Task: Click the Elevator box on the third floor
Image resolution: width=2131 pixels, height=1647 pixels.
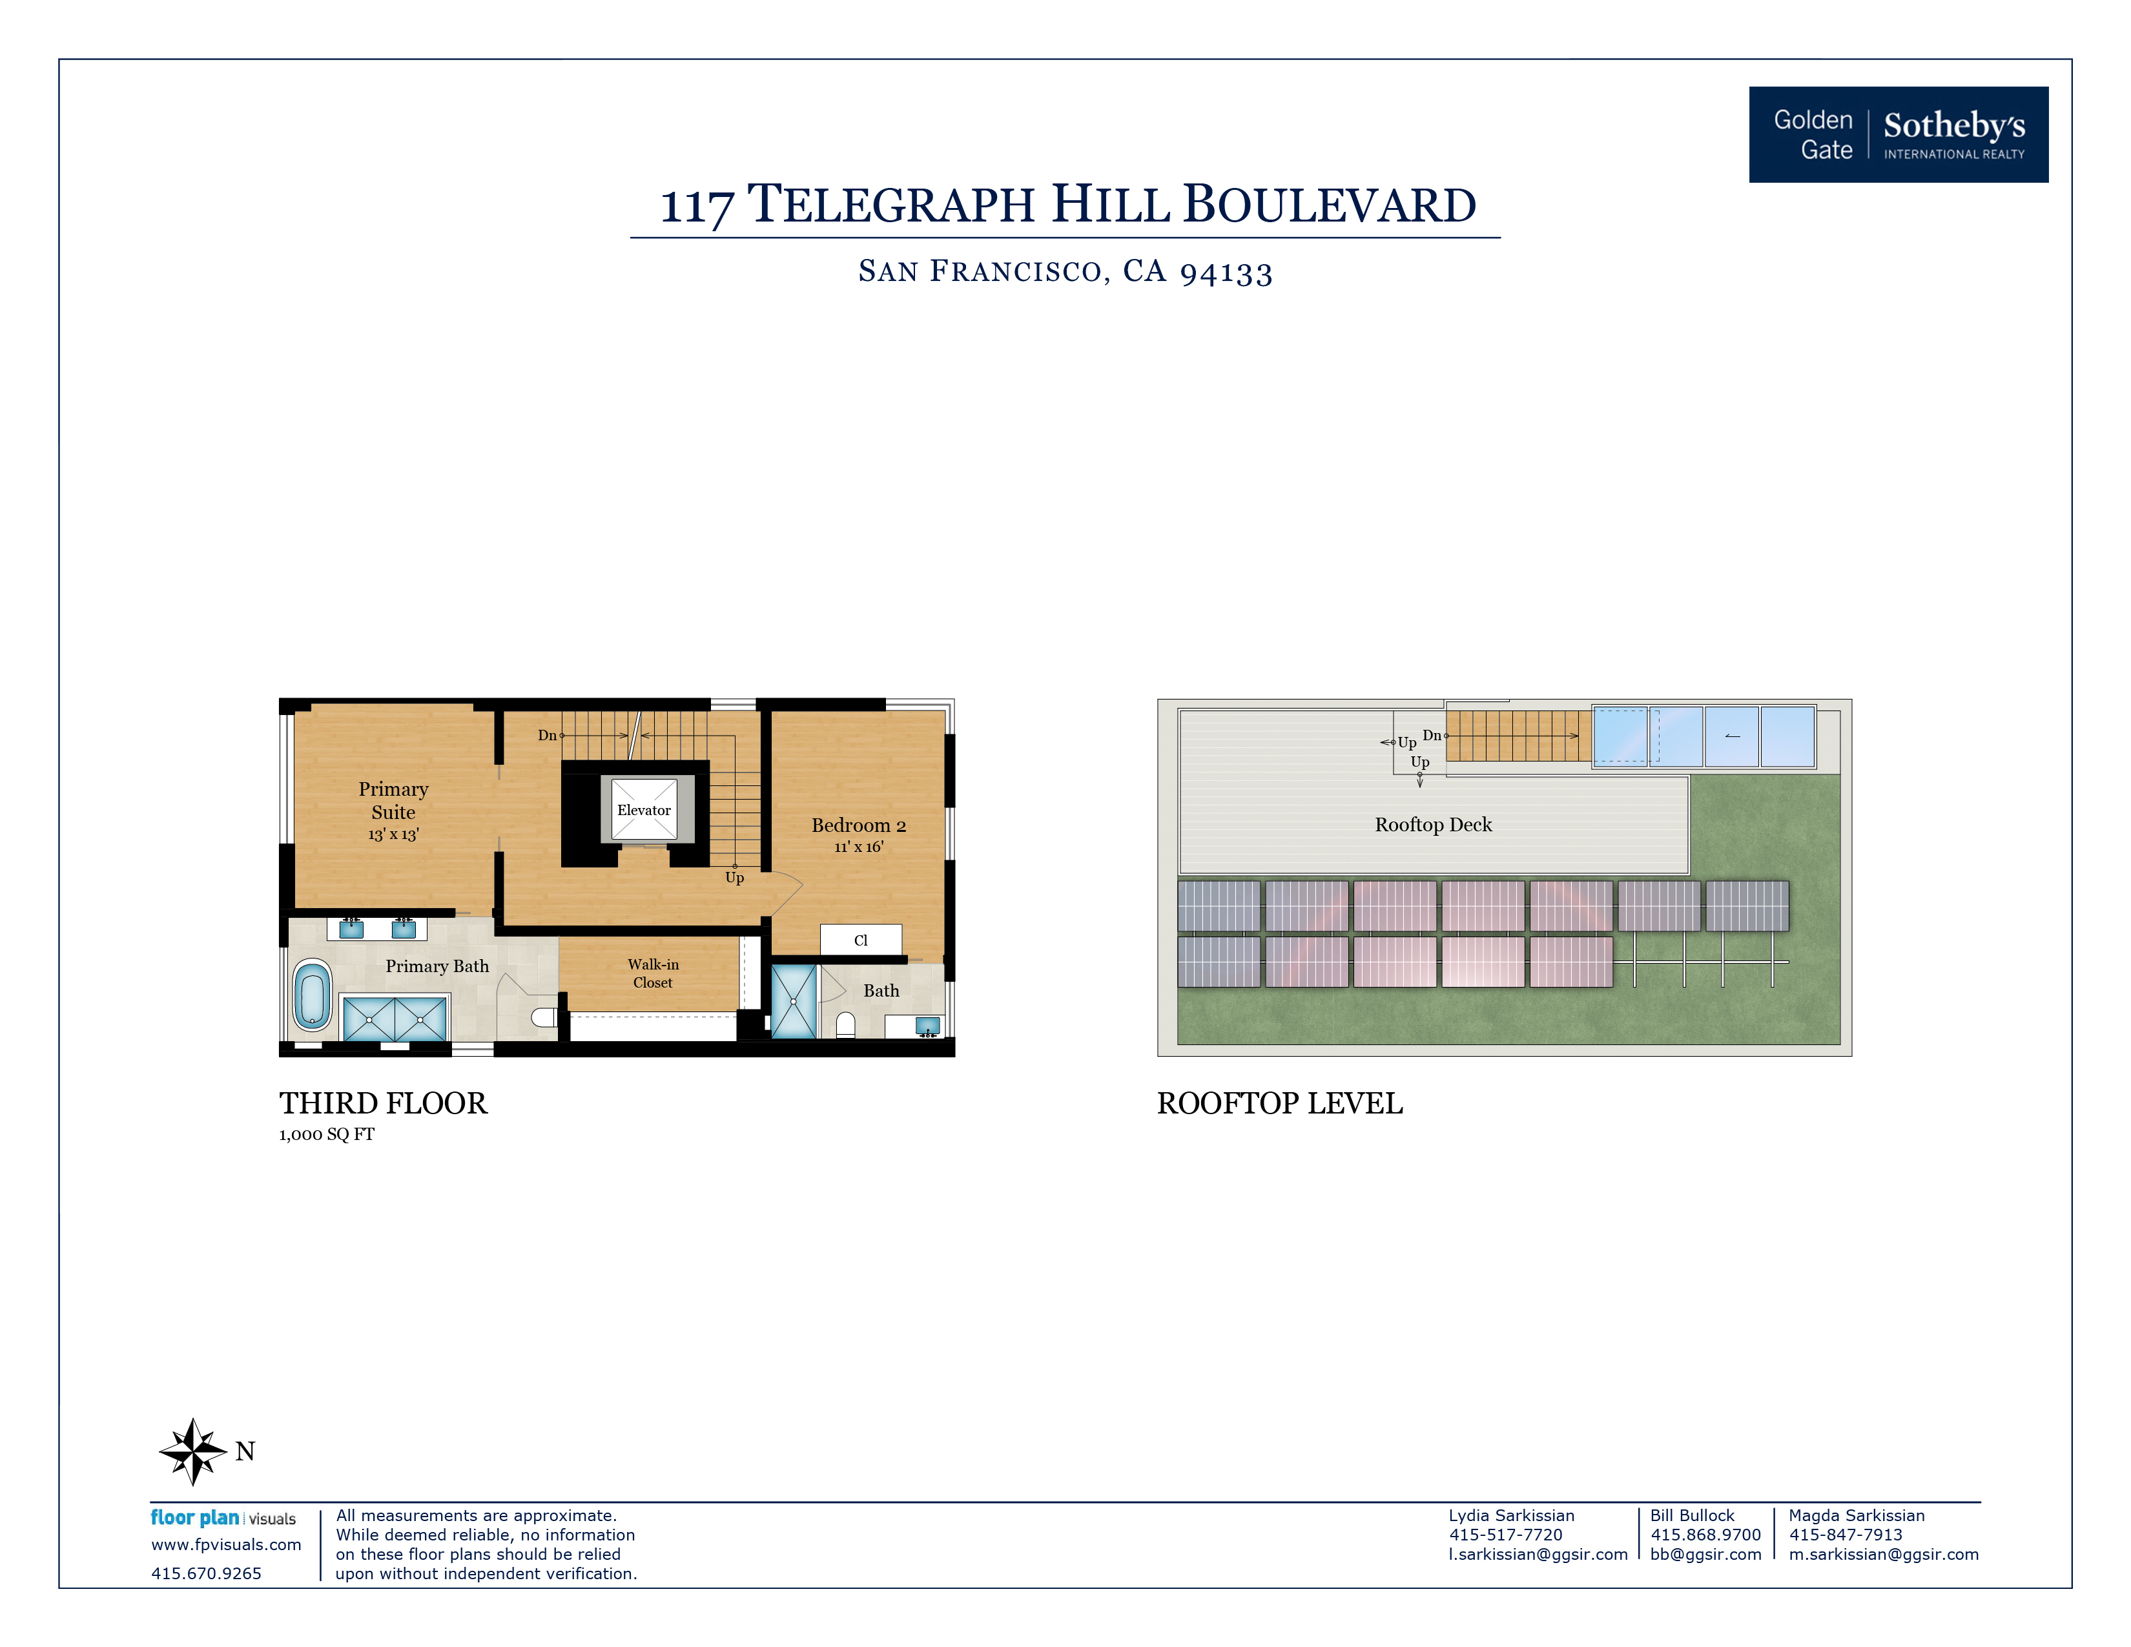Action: pyautogui.click(x=643, y=809)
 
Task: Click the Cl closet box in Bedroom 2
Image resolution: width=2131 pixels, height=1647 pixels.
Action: pyautogui.click(x=861, y=940)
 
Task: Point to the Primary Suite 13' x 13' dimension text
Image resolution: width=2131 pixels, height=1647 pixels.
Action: pyautogui.click(x=393, y=834)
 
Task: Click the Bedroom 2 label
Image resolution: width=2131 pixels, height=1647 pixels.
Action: pyautogui.click(x=859, y=825)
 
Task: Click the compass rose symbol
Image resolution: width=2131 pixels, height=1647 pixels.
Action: pyautogui.click(x=193, y=1451)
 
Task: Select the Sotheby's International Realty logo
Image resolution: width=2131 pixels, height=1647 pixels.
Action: pyautogui.click(x=1898, y=134)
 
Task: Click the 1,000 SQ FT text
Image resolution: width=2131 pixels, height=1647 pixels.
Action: pyautogui.click(x=327, y=1134)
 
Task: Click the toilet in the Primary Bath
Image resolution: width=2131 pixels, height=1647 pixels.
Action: pyautogui.click(x=544, y=1018)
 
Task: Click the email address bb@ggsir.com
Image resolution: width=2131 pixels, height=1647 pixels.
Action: pyautogui.click(x=1705, y=1554)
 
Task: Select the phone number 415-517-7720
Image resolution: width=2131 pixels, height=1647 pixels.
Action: pyautogui.click(x=1505, y=1535)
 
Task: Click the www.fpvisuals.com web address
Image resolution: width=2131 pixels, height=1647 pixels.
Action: pyautogui.click(x=225, y=1544)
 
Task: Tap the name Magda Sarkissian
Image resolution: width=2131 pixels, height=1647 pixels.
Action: pyautogui.click(x=1856, y=1515)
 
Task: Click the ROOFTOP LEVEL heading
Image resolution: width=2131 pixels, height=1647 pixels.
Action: pyautogui.click(x=1279, y=1104)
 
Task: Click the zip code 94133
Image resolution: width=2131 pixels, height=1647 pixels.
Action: pyautogui.click(x=1226, y=272)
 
